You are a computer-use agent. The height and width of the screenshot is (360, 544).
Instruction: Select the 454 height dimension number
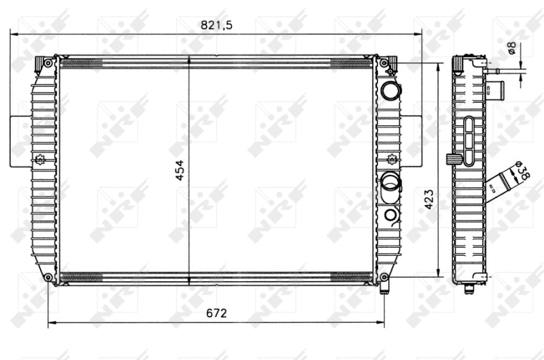point(180,171)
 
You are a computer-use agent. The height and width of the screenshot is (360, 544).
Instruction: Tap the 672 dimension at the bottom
point(216,313)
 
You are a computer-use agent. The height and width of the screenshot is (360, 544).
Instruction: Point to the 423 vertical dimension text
point(429,199)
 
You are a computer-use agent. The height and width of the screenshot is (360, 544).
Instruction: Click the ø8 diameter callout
point(511,49)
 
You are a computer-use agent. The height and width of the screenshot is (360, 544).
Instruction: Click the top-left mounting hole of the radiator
point(48,63)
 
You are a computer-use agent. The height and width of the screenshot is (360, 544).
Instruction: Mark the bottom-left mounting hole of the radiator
point(48,278)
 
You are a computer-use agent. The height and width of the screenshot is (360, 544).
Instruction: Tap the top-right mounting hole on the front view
point(384,63)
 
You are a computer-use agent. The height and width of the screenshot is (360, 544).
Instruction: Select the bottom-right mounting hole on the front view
point(384,278)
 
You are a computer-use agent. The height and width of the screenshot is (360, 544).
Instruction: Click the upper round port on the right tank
point(390,90)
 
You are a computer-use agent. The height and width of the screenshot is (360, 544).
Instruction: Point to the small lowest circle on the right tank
point(390,215)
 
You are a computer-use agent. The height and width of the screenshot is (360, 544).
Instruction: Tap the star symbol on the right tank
point(392,161)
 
